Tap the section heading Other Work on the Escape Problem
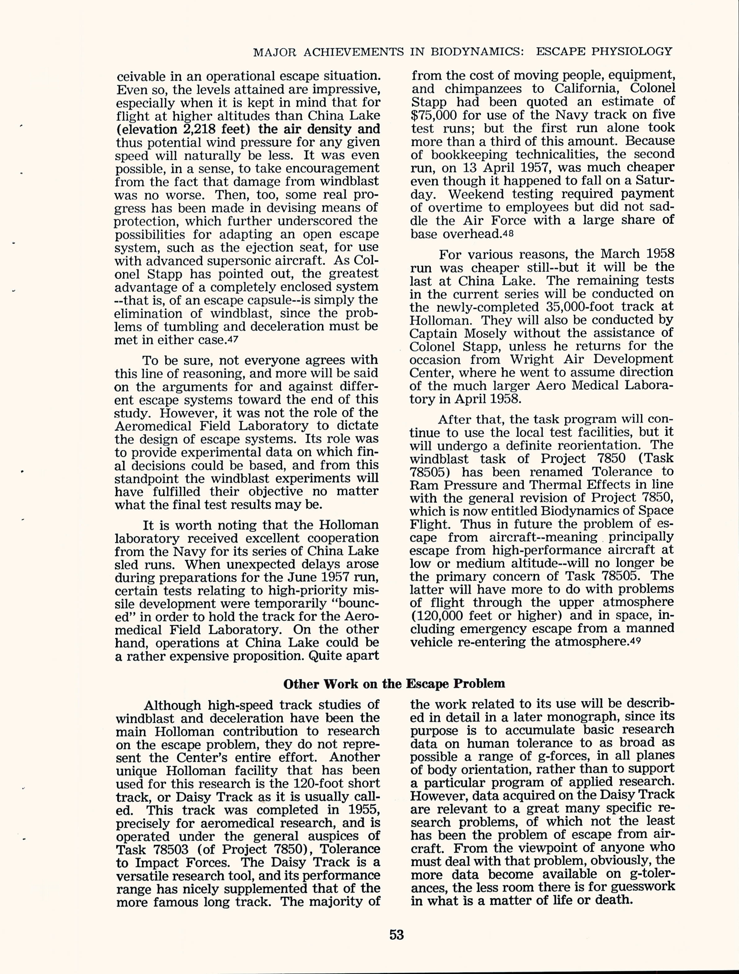pos(394,683)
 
